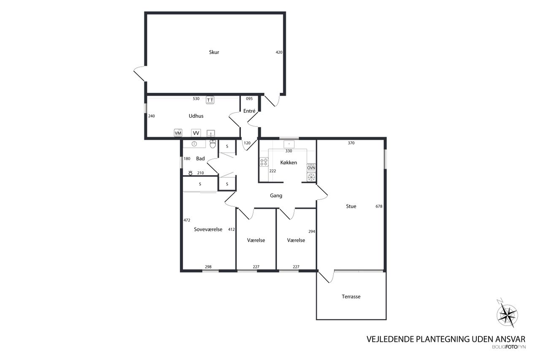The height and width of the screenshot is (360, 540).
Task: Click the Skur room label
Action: point(214,52)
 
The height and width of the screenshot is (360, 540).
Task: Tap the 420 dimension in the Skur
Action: point(279,52)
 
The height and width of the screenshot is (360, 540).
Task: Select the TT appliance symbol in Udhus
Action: point(210,100)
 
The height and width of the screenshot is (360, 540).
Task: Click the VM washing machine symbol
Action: point(178,133)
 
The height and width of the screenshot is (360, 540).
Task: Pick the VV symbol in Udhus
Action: point(196,133)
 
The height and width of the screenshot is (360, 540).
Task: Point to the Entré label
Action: point(249,111)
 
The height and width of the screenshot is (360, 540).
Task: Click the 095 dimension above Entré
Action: point(249,99)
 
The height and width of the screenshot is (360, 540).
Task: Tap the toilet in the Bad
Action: point(213,144)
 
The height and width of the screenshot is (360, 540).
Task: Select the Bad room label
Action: point(200,158)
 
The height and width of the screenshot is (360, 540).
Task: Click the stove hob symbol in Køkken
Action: point(264,162)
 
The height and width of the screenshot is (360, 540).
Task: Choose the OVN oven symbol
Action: point(311,168)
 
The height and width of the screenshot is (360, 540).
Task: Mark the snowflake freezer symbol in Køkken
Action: point(311,177)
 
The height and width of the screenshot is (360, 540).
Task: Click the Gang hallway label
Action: point(276,195)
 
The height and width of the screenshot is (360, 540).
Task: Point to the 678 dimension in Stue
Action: point(379,206)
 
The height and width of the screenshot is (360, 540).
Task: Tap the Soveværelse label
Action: point(208,229)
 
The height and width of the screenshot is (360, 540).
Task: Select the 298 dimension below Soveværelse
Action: point(208,267)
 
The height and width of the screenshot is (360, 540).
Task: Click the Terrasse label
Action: point(351,297)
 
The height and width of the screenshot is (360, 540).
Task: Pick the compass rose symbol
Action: point(507,314)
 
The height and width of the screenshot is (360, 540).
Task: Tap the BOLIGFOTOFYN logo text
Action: point(509,347)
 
